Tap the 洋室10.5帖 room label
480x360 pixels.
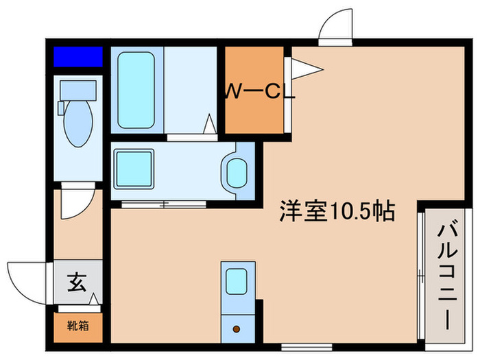click(x=336, y=212)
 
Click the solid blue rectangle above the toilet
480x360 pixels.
click(x=78, y=56)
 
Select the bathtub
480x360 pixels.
click(x=136, y=91)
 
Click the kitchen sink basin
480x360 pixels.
click(x=236, y=280)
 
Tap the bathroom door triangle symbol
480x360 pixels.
click(x=210, y=125)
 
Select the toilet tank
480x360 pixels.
click(x=78, y=90)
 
